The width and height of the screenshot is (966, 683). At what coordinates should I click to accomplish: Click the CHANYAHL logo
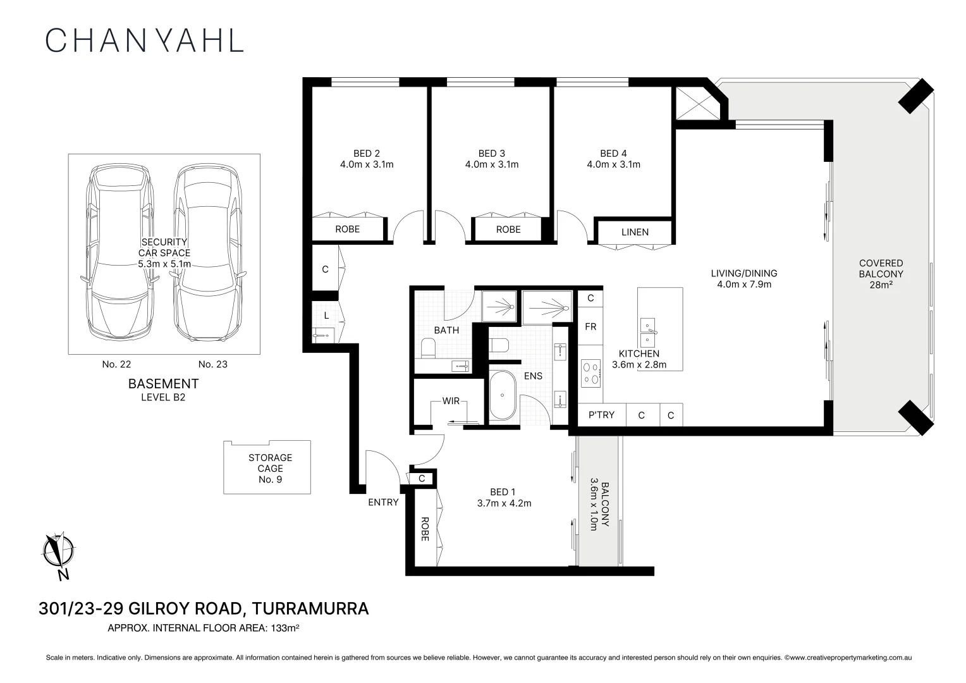[x=145, y=40]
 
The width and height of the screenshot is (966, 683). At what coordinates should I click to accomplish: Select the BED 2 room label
[x=367, y=159]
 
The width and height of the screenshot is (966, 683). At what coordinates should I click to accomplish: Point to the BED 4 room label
[x=613, y=159]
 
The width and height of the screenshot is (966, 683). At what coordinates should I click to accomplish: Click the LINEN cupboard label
[x=635, y=232]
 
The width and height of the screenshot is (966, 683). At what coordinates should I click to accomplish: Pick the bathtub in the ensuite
[x=503, y=395]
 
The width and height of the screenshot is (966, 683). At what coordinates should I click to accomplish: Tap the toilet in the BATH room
[x=429, y=347]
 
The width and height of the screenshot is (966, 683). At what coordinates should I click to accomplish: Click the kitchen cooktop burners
[x=591, y=373]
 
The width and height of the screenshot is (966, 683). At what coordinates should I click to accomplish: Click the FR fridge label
[x=590, y=327]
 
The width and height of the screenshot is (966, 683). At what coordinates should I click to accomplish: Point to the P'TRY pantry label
[x=601, y=415]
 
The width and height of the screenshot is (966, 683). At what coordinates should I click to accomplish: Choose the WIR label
[x=451, y=401]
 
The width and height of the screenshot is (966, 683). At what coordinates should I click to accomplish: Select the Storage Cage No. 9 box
[x=267, y=467]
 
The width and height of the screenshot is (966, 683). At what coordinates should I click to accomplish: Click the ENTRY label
[x=383, y=502]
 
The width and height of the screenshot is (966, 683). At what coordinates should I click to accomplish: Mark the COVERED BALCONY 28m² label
[x=881, y=274]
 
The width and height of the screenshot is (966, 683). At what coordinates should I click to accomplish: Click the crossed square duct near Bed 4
[x=696, y=102]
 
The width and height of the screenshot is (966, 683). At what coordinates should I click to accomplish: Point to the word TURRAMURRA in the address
[x=310, y=609]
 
